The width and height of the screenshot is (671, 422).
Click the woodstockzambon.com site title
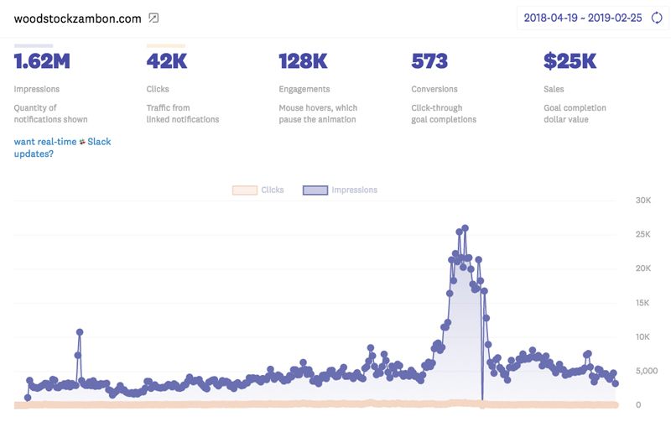point(77,18)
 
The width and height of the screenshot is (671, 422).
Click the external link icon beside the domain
point(153,18)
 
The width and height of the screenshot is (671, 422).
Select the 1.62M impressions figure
point(42,61)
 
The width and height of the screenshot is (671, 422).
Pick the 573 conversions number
point(429,61)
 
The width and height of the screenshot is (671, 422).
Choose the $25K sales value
point(570,61)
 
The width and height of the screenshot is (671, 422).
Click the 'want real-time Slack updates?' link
point(62,148)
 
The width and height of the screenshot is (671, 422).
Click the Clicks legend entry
point(259,190)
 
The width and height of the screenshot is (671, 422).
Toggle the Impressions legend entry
point(341,190)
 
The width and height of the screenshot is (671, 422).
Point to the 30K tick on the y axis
point(643,201)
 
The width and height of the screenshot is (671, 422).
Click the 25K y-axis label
point(643,234)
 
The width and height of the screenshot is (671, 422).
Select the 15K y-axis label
point(643,303)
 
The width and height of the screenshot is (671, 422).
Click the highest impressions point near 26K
point(465,227)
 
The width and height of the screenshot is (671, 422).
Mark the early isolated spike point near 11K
point(80,332)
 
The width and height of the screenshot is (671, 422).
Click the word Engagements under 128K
point(304,89)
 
